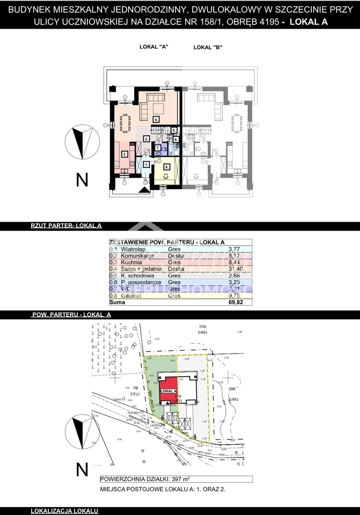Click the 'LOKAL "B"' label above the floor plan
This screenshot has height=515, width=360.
coord(208,47)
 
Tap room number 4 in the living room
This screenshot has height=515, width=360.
coord(156,120)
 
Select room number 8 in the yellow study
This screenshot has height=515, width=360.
coord(166,166)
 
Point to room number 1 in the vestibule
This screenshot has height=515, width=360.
coord(146,164)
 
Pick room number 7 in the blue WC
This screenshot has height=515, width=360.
coord(158,148)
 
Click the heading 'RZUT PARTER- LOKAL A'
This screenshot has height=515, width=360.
coord(66,226)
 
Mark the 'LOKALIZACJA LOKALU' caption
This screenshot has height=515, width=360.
coord(64,511)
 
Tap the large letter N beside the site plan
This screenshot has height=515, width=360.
coord(81,469)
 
